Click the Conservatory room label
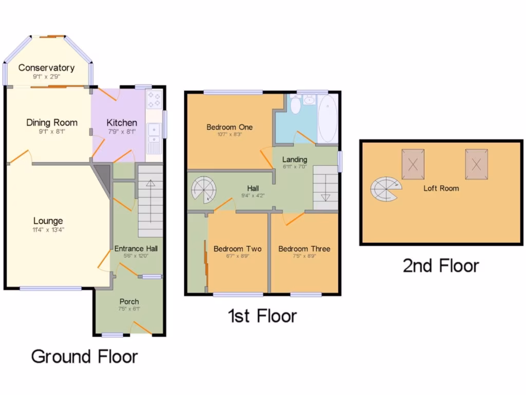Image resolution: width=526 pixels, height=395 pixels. [x=47, y=67]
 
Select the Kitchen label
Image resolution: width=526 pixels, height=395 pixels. [x=122, y=122]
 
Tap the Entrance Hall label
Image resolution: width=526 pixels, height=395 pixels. [x=136, y=248]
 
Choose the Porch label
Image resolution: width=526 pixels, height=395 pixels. [x=129, y=301]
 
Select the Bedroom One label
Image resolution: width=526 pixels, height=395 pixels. [x=230, y=127]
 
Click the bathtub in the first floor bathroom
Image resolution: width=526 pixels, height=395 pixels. [x=327, y=119]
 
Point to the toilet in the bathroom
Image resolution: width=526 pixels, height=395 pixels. [x=295, y=105]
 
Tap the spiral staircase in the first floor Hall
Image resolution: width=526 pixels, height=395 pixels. [x=204, y=190]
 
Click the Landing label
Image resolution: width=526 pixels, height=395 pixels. [x=295, y=159]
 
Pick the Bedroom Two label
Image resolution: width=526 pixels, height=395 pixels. [x=237, y=249]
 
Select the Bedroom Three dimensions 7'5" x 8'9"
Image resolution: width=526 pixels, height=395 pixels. [x=304, y=256]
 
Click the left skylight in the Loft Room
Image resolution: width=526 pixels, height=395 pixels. [x=413, y=164]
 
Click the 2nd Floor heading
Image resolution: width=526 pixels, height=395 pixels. [x=441, y=265]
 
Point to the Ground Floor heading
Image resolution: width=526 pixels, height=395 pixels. [x=85, y=356]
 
